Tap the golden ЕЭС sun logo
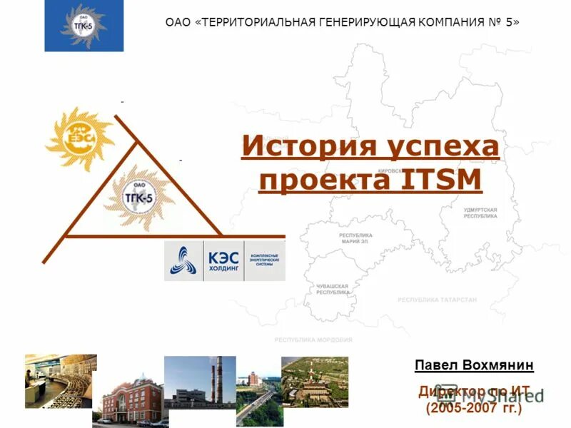click(x=79, y=139)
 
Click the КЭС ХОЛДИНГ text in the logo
click(x=223, y=261)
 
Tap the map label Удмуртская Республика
click(x=480, y=213)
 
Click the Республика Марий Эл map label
click(x=355, y=238)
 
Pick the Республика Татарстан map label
click(x=437, y=300)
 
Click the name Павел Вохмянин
click(x=474, y=366)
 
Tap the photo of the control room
click(x=60, y=380)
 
